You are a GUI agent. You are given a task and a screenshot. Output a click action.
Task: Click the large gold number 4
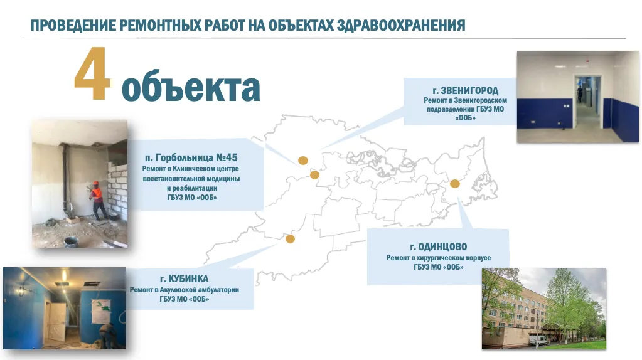92,73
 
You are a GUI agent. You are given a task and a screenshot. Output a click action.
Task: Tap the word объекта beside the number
191,88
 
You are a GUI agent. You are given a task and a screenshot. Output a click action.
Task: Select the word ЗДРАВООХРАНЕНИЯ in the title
401,25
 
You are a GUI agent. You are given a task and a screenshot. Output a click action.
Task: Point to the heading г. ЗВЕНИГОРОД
466,90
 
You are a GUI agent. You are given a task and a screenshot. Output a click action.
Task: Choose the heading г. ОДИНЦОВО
439,246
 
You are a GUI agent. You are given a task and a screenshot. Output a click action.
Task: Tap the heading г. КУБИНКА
185,278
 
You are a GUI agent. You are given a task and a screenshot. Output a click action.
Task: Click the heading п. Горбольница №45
191,157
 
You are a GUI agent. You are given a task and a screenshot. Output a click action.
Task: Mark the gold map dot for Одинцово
455,184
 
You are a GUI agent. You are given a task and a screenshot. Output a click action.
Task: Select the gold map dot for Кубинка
290,238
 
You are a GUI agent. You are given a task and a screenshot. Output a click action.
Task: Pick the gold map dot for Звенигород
303,161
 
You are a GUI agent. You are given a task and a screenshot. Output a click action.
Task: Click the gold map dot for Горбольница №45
314,175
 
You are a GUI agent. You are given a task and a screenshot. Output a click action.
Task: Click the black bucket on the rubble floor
72,241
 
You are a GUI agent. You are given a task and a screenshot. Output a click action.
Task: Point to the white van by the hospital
538,339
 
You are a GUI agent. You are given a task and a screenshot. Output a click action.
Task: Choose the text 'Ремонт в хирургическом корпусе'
439,258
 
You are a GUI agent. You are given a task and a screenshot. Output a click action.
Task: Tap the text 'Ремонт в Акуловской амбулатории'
185,290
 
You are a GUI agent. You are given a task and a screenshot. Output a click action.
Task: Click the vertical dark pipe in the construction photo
67,180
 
